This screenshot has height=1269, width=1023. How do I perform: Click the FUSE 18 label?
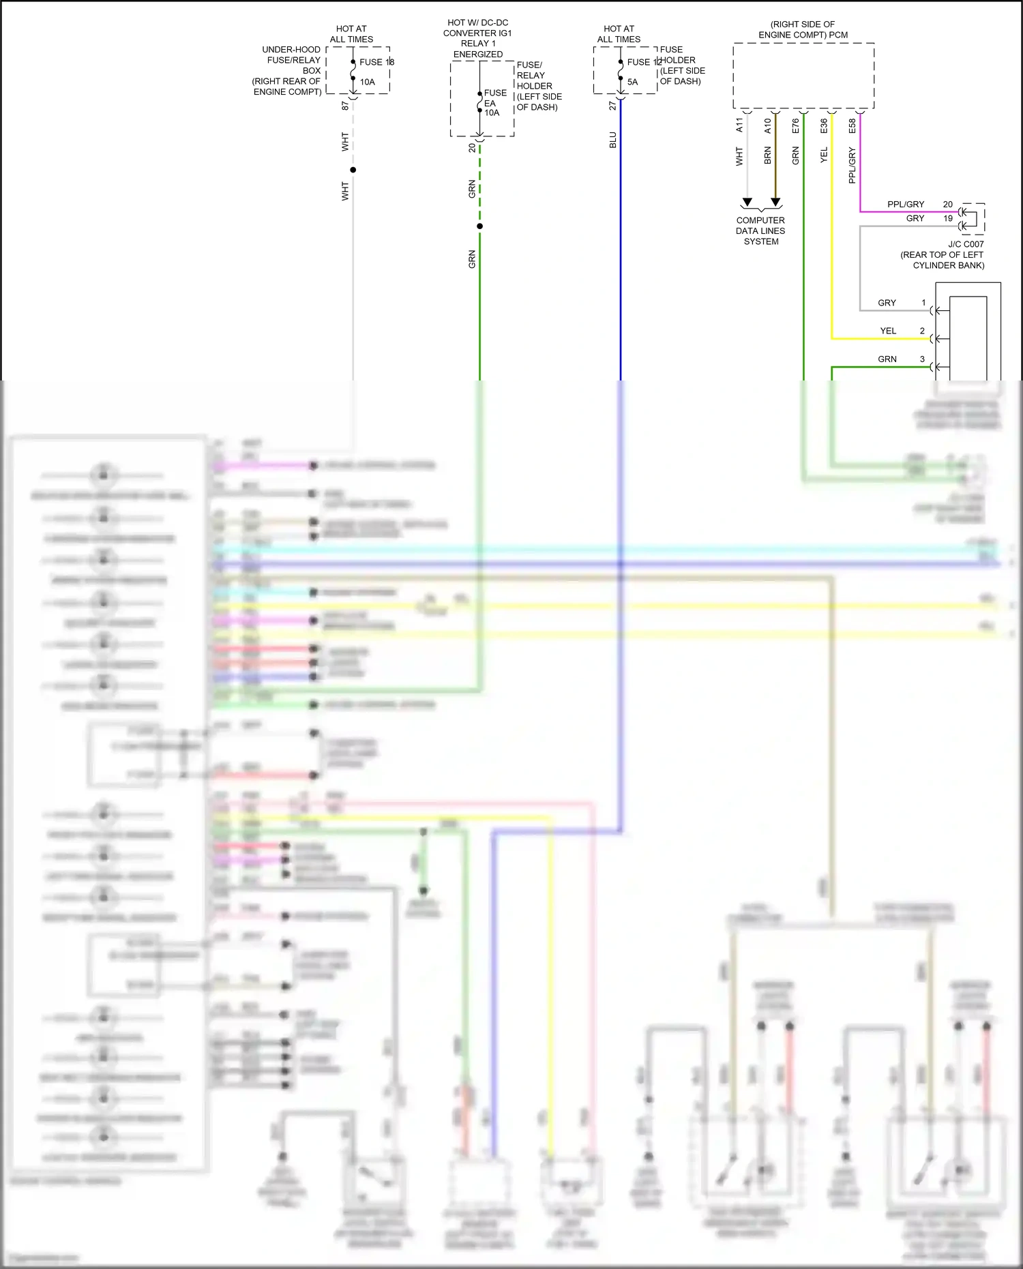[376, 62]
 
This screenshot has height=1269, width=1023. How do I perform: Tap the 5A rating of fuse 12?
[632, 82]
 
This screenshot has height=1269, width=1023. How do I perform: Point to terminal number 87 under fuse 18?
[345, 106]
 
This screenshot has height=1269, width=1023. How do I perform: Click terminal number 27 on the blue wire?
[612, 106]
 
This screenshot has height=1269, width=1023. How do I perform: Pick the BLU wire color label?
[612, 140]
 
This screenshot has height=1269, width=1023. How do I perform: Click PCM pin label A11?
[739, 125]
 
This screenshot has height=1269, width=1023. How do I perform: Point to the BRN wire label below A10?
[767, 155]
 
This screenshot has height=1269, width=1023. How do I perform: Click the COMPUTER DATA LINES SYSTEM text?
[760, 230]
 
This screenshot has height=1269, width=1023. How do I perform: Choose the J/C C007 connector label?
[966, 244]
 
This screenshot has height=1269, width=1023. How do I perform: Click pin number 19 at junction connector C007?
[948, 218]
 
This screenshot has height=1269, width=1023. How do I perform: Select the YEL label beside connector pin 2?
[888, 331]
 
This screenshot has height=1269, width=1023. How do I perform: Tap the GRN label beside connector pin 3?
[887, 359]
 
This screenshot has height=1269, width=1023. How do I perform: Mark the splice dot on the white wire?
[353, 170]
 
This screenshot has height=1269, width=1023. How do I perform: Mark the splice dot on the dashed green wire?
[479, 226]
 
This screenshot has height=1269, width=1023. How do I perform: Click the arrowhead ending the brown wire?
[775, 202]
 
